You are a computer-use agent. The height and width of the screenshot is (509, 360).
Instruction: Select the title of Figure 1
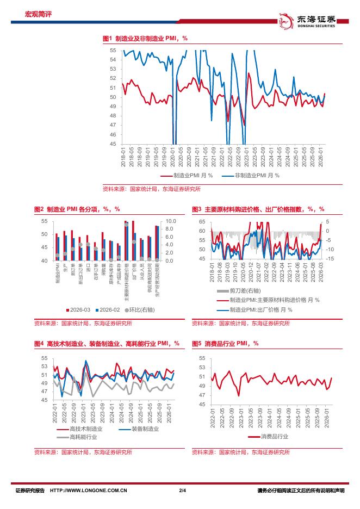(145, 39)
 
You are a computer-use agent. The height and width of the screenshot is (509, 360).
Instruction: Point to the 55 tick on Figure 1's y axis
(113, 50)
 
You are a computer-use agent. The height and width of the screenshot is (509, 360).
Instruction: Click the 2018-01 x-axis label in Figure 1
(123, 153)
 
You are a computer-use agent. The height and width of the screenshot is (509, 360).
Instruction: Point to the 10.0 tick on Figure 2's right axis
(170, 221)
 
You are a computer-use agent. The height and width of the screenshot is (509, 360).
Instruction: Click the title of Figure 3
(258, 209)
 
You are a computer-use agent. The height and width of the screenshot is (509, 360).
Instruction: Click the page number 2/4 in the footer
(182, 491)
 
